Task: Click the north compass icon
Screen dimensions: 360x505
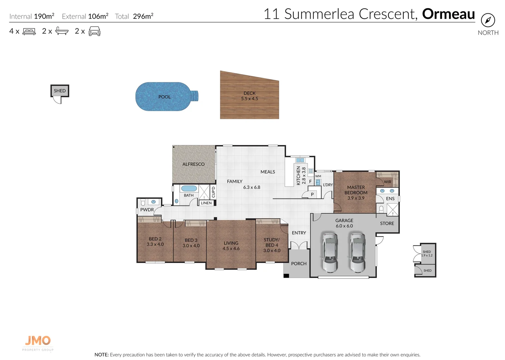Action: coord(488,20)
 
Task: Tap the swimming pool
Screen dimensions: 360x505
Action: coord(163,97)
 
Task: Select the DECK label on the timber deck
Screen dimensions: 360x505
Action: coord(249,93)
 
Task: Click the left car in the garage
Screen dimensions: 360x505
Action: coord(330,252)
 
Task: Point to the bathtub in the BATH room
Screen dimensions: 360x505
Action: coord(189,189)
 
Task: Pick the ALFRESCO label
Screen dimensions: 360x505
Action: coord(193,164)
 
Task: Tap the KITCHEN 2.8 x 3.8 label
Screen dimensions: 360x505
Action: coord(301,176)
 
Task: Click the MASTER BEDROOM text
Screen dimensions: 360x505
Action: coord(356,190)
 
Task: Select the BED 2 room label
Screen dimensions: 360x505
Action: coord(155,239)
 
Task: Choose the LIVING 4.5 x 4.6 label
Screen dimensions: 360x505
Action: coord(231,246)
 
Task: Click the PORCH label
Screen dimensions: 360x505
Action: coord(299,264)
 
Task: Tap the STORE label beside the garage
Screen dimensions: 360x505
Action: coord(387,223)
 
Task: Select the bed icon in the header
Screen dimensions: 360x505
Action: coord(29,31)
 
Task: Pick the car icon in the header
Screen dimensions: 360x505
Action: coord(94,31)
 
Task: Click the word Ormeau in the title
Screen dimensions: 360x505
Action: coord(448,14)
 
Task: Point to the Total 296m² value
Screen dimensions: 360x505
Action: coord(143,16)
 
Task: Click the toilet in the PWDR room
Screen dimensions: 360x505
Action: coord(143,202)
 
